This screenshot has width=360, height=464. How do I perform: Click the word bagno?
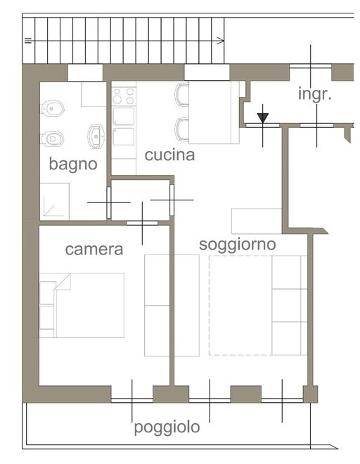point(73,165)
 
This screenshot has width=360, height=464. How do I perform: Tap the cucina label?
point(169,155)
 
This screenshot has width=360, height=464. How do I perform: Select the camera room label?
point(94,249)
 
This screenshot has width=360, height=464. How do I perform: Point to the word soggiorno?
point(238,245)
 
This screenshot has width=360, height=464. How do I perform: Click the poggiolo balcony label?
point(167,427)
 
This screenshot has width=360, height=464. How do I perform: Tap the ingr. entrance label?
point(315,94)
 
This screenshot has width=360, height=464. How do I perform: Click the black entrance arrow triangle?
point(262,118)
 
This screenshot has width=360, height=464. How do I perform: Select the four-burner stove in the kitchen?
point(124,96)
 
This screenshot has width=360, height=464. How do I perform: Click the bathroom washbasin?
point(96,136)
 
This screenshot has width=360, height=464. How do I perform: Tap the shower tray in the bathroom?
point(54,202)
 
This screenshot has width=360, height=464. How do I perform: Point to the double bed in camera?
point(82,305)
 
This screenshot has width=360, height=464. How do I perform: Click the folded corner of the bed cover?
point(63,282)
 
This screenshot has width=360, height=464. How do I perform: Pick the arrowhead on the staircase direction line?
point(221,41)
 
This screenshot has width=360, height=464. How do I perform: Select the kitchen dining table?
point(214,112)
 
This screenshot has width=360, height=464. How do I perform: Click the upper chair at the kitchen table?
point(182,95)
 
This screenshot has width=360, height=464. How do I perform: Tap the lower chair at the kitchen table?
point(182,129)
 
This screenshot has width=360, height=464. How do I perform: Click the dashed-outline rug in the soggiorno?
point(240,305)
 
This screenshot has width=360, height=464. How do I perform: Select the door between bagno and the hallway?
point(109,202)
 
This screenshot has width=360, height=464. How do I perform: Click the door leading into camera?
point(143,223)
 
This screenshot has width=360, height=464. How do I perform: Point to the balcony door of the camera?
point(132,400)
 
